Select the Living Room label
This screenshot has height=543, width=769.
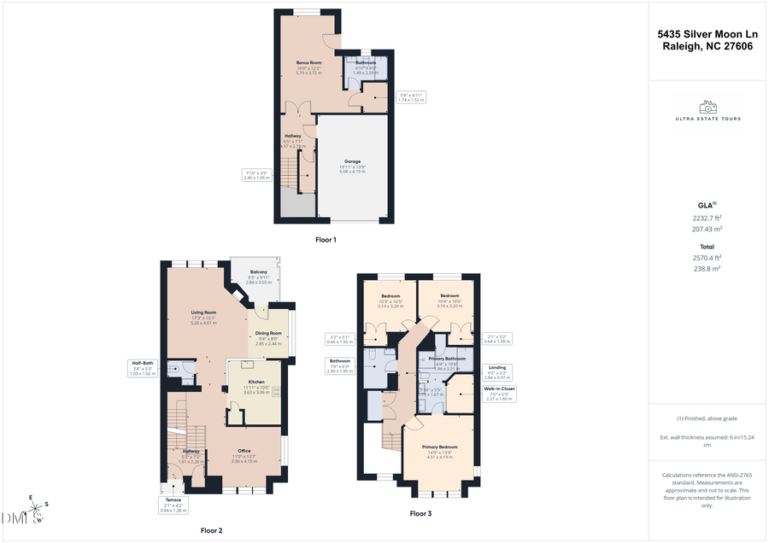tap(203, 312)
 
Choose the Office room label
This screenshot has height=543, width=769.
tap(244, 451)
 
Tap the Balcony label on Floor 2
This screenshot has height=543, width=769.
tap(259, 271)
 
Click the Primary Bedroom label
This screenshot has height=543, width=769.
tap(442, 447)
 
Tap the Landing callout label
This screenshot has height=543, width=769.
tap(496, 368)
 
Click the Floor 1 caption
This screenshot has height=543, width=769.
tap(326, 240)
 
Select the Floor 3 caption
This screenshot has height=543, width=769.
tap(420, 513)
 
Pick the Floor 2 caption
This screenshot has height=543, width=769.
tap(211, 530)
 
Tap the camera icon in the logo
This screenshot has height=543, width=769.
tap(707, 107)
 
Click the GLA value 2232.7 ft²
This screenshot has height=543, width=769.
tap(707, 218)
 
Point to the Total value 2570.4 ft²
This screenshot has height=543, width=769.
tap(707, 257)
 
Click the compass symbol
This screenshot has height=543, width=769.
tap(34, 512)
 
